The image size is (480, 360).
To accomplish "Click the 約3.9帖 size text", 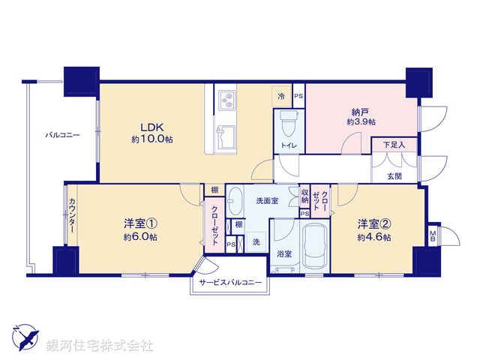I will click(361, 121).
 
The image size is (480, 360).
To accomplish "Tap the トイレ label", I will click(288, 145).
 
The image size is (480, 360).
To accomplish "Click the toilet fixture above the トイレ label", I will click(288, 121).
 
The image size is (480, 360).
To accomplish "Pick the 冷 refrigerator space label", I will click(281, 97).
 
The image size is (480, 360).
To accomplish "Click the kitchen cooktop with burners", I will click(226, 100).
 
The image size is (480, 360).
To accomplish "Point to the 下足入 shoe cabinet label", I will click(394, 144).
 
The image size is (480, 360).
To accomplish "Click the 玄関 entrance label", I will click(394, 175).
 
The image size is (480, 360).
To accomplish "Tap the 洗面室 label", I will click(267, 201).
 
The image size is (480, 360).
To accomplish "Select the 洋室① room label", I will click(141, 223).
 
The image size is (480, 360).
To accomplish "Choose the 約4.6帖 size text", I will click(373, 237).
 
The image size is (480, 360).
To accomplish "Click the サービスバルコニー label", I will click(230, 283).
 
